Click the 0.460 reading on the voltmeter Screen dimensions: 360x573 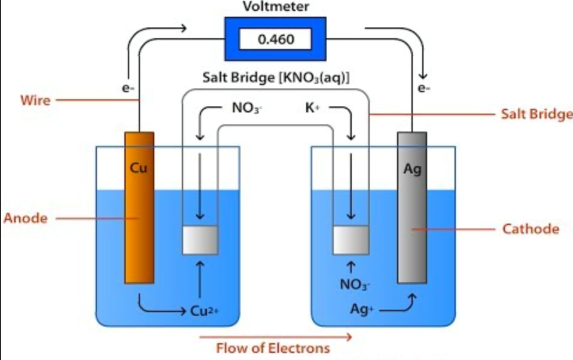coord(275,39)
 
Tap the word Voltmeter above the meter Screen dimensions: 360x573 coord(275,7)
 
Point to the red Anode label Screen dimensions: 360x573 coord(26,218)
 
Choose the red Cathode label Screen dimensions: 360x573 coord(531,228)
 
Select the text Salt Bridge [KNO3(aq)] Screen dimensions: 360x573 coord(276,78)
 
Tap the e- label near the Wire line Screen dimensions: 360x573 coord(127,89)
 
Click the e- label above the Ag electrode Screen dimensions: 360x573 coord(424,89)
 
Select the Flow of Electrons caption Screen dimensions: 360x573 coord(273,348)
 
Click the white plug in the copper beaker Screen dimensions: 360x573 coord(200,239)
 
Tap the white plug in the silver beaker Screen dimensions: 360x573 coord(351,239)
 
